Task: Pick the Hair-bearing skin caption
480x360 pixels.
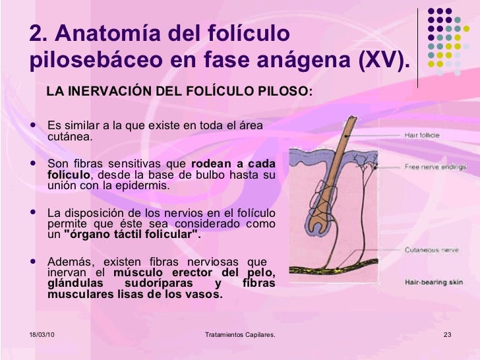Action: click(433, 282)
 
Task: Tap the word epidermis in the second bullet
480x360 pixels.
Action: click(144, 185)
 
